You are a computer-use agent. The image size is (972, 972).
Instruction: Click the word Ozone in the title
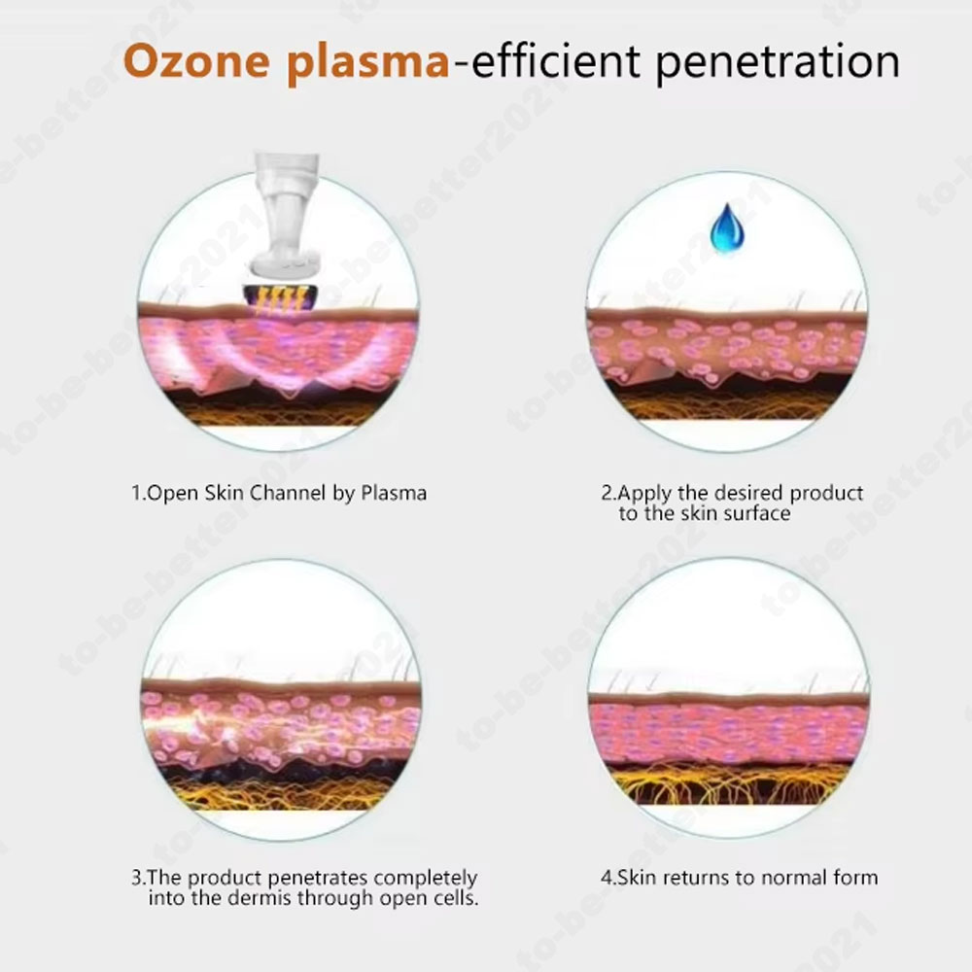point(196,60)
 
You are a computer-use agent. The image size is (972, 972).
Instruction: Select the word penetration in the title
point(778,62)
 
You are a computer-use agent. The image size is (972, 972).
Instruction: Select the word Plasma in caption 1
point(394,493)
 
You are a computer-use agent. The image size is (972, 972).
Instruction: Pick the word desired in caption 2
point(749,493)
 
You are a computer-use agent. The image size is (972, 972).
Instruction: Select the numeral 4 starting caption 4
point(606,878)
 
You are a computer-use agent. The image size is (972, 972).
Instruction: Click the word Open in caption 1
point(174,494)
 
